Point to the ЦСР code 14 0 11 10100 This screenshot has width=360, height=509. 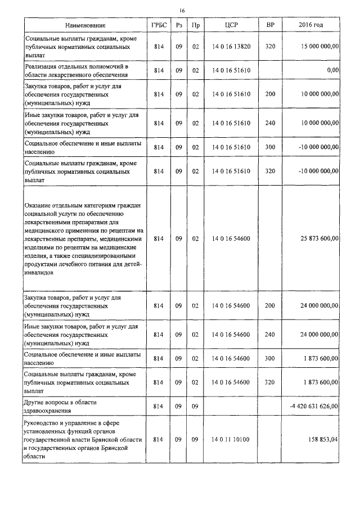pos(231,440)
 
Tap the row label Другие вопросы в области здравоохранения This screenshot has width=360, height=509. pos(61,406)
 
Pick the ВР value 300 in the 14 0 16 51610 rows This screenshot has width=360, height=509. pos(270,147)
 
